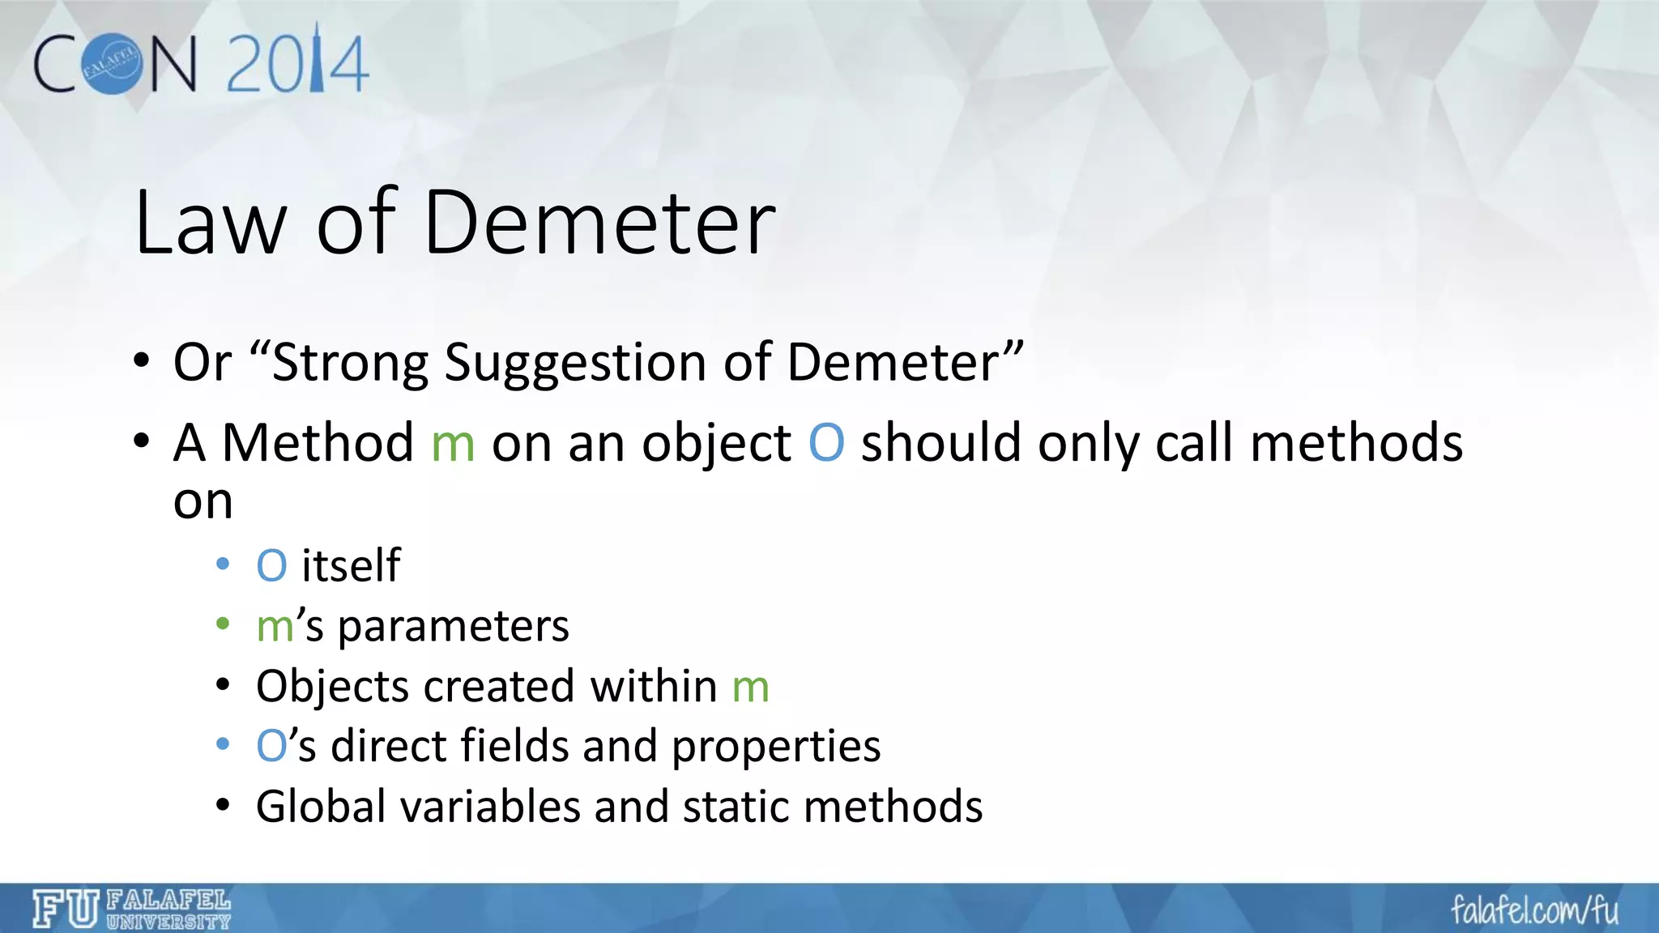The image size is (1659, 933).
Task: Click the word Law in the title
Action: [x=210, y=224]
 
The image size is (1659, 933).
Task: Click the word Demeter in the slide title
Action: [x=599, y=224]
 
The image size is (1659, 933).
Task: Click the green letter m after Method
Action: [x=453, y=445]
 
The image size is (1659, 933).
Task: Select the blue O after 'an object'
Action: [x=826, y=443]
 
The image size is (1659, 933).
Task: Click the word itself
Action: [x=351, y=564]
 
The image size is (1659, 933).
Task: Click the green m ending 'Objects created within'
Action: [x=750, y=688]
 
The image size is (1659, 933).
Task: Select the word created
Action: [x=500, y=686]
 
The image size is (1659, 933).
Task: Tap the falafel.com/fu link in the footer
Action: [x=1534, y=910]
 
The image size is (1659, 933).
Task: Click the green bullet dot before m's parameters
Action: [x=224, y=625]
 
